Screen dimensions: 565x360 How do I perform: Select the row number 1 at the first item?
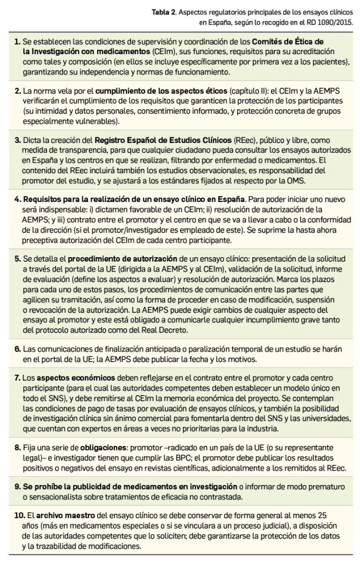[x=18, y=42]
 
